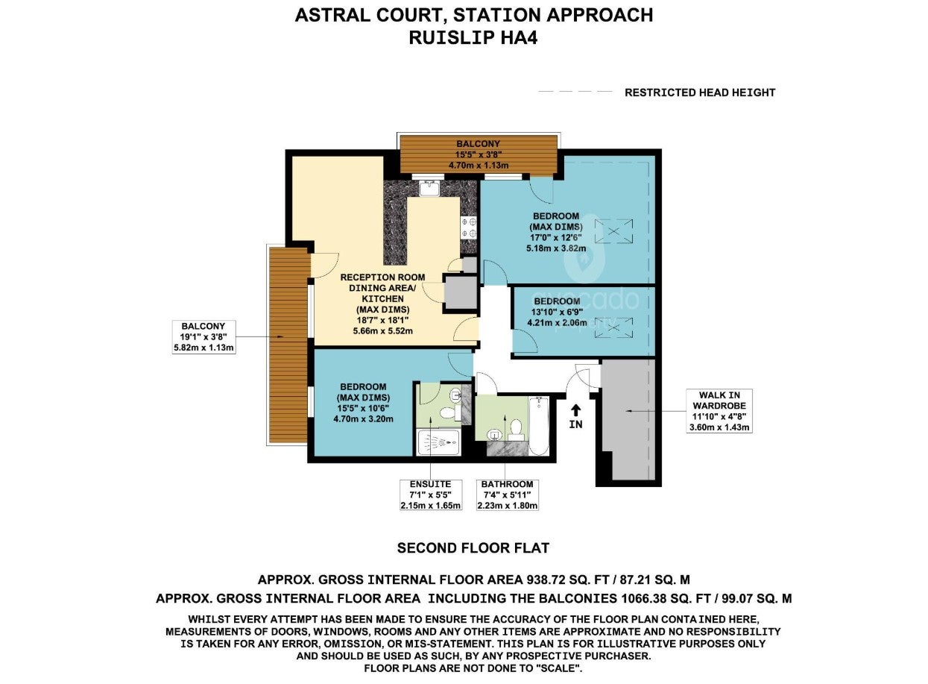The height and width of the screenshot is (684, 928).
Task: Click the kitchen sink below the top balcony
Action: (429, 188)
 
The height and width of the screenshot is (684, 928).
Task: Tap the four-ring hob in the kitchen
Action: (468, 228)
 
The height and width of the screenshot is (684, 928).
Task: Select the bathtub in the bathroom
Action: (538, 426)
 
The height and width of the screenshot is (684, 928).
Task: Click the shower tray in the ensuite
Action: (438, 443)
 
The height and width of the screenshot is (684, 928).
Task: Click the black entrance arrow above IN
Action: (575, 411)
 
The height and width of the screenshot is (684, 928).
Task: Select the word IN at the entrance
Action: (576, 424)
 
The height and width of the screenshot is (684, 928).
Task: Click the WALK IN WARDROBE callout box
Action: (719, 411)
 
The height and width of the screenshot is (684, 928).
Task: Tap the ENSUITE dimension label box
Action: (430, 495)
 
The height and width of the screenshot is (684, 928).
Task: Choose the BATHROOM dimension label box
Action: (507, 495)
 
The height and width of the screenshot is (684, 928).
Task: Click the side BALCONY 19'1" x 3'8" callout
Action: (203, 336)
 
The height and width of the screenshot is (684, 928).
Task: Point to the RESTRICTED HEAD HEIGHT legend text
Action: (700, 92)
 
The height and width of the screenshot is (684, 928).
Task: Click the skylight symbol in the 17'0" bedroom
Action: (613, 231)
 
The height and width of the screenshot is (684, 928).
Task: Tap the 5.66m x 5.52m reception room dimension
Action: (382, 331)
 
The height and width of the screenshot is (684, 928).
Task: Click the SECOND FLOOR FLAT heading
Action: (473, 548)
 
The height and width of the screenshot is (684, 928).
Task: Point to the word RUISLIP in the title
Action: (452, 38)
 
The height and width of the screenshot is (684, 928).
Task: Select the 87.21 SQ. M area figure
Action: (655, 580)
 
